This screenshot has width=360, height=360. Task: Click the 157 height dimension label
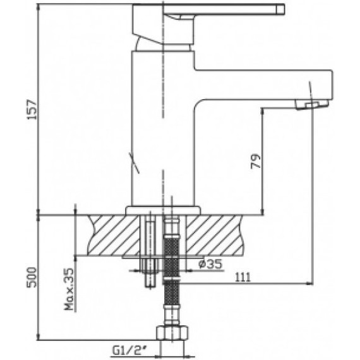pos(32,109)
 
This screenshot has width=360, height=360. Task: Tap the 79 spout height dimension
pos(256,162)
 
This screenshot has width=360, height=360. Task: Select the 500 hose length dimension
pos(32,277)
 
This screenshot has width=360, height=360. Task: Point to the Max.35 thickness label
pos(69,289)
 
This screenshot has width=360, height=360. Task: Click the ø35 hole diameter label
pos(210,263)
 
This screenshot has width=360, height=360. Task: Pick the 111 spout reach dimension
pos(243,277)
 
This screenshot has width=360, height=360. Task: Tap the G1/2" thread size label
pos(129,351)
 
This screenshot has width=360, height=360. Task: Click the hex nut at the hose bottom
pos(172,333)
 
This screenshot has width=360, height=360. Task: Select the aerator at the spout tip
pos(312,105)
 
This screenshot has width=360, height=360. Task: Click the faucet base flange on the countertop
pos(163,210)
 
